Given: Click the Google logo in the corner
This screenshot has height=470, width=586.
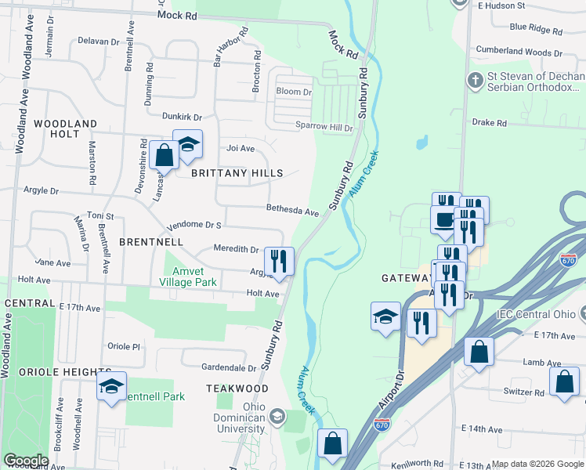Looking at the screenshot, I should (x=26, y=461).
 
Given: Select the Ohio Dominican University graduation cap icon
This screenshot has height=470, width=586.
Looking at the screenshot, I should (x=276, y=415).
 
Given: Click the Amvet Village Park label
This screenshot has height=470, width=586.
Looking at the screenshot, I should (x=187, y=275).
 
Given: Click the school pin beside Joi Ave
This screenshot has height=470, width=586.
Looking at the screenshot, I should (x=187, y=145).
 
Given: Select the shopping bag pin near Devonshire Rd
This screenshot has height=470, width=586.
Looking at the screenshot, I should (x=165, y=155).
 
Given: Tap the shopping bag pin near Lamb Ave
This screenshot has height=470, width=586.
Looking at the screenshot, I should (x=479, y=352).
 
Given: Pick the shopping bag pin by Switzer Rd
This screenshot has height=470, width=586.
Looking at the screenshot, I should (x=564, y=382).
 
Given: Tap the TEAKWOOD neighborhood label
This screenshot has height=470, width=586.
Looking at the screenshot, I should (x=231, y=389).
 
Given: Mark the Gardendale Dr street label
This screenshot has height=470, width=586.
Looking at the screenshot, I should (x=229, y=367).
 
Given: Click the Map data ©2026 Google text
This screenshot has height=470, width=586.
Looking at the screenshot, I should (x=537, y=464).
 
